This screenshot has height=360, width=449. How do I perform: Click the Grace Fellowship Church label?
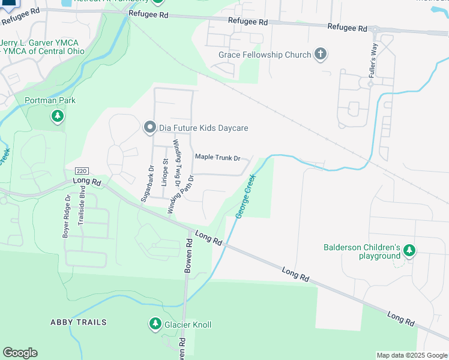click(265, 55)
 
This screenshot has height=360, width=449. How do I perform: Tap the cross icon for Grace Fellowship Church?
click(321, 55)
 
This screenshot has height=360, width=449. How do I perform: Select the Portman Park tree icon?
click(58, 115)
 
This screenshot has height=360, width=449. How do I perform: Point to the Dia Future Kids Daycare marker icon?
click(149, 127)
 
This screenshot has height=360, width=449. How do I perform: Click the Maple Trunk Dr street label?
click(217, 158)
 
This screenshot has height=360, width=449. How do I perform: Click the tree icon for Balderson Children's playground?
click(409, 250)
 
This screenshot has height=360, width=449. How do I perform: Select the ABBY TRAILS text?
click(79, 322)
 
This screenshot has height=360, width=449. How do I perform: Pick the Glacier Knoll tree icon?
click(155, 325)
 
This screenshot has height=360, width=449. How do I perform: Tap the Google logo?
click(20, 353)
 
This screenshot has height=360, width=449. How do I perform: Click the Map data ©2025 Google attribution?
click(411, 355)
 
